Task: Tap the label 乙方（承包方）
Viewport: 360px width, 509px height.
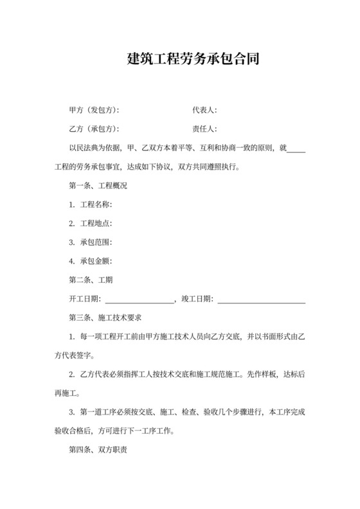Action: (93, 129)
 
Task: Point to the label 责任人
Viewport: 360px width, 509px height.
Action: (206, 129)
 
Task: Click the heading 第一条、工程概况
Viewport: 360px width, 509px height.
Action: (97, 186)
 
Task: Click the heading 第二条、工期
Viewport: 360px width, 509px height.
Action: (91, 280)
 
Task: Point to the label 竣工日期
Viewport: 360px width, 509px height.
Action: (199, 299)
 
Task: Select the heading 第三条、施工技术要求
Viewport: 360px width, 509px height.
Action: (105, 317)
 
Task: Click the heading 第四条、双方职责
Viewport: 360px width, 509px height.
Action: (97, 451)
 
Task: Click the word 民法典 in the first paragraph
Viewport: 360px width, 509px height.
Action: (87, 148)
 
